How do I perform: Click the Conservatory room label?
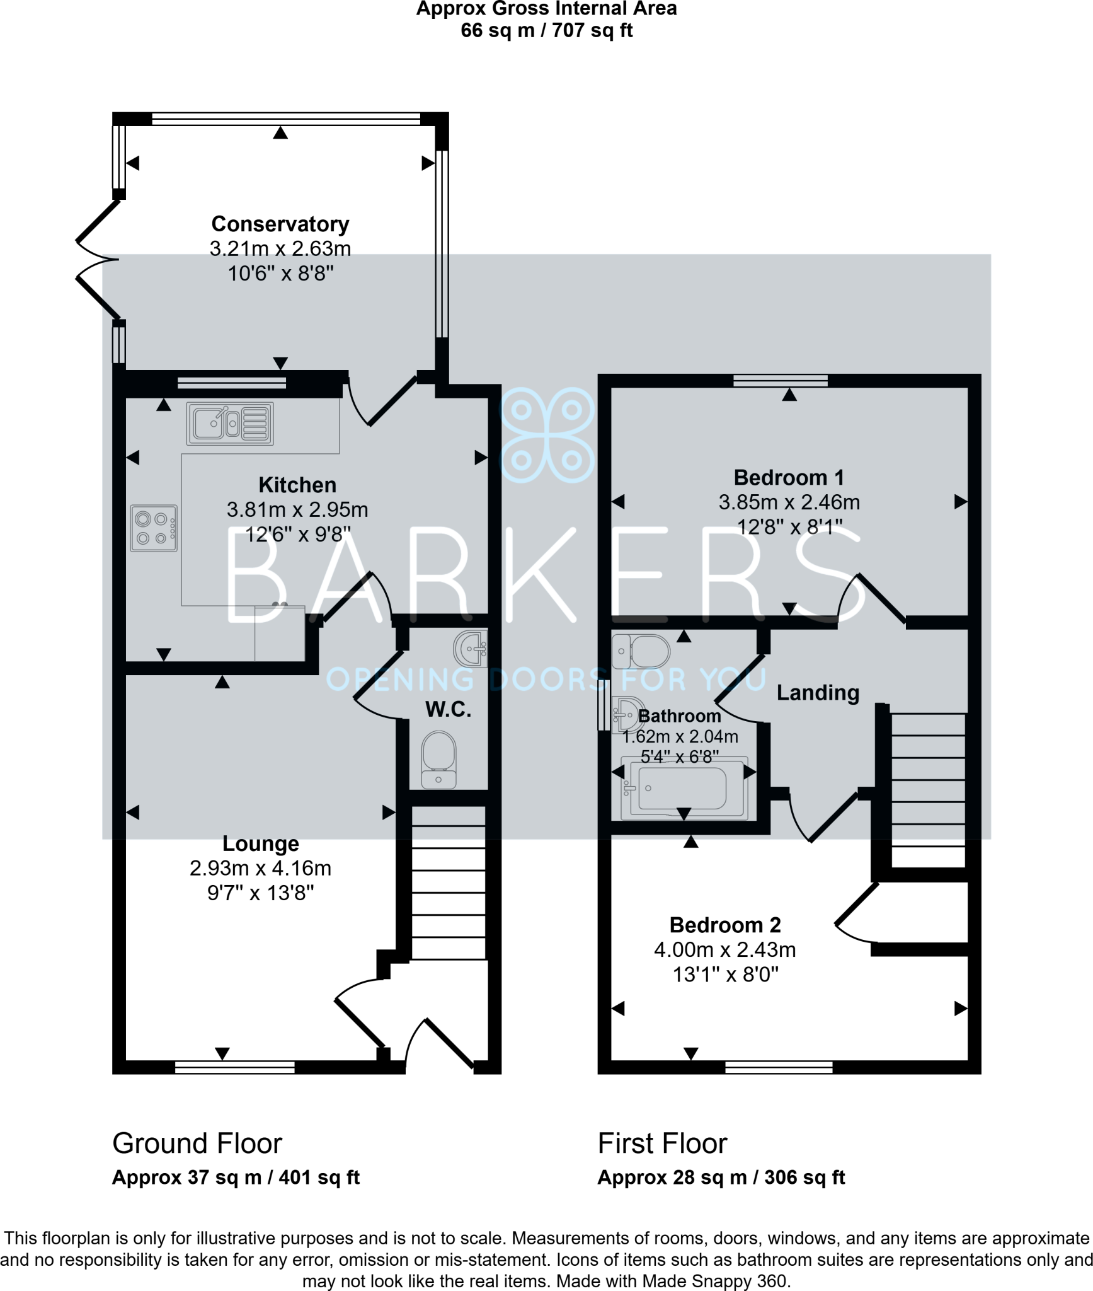(280, 224)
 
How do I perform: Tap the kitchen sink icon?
(230, 424)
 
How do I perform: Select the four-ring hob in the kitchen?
(154, 528)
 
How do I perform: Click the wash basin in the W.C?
(471, 648)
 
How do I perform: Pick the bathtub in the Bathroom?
(684, 789)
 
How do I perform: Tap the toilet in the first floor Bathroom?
(641, 651)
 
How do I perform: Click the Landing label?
(818, 693)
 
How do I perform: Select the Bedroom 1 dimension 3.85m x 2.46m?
(789, 502)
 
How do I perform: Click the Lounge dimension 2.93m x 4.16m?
(260, 869)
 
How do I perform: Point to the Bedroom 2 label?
(724, 925)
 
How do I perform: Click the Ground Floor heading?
(197, 1143)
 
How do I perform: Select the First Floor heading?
(662, 1143)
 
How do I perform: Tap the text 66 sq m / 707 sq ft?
(546, 30)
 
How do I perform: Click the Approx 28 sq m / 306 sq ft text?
(721, 1178)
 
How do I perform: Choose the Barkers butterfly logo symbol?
(546, 435)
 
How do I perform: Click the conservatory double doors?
(98, 259)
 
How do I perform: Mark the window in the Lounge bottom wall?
(234, 1067)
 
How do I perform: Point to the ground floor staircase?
(449, 883)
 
